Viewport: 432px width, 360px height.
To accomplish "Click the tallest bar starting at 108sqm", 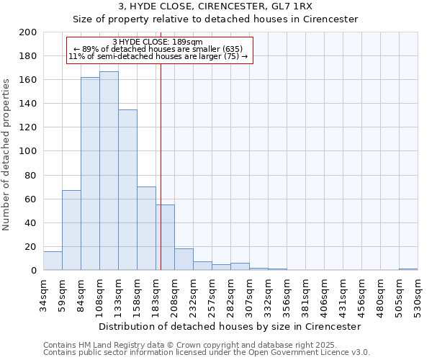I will coord(109,171).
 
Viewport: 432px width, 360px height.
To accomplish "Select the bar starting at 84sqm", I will coord(90,174).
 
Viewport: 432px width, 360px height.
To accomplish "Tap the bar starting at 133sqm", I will coord(127,189).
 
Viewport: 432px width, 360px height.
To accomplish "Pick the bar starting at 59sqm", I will coord(71,230).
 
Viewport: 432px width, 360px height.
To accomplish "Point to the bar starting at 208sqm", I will coord(184,259).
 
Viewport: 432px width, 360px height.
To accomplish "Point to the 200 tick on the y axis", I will coord(28,32).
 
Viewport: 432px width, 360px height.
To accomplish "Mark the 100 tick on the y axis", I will coord(28,151).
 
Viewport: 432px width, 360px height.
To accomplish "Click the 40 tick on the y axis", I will coord(31,222).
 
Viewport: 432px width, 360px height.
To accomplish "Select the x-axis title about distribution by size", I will coord(230,326).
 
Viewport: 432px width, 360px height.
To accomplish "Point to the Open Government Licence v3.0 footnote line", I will coord(207,352).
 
